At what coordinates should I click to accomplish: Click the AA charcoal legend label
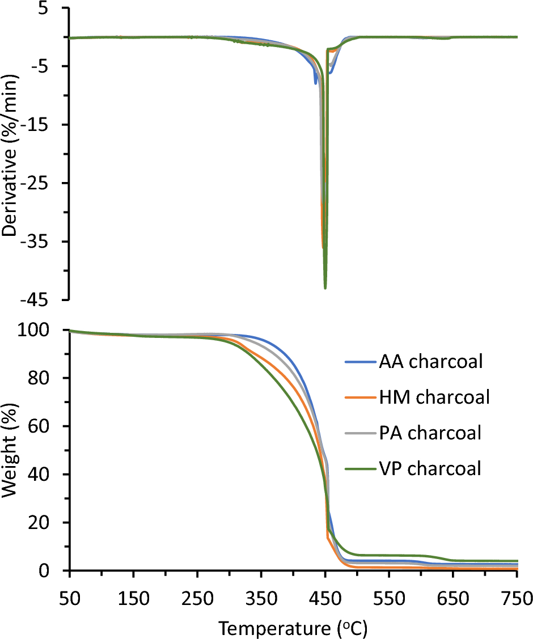point(431,362)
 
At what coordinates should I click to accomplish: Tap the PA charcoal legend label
point(430,433)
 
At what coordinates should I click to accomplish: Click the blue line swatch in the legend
point(359,362)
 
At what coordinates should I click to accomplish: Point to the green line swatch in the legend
point(359,469)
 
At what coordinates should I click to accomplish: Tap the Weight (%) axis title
point(11,450)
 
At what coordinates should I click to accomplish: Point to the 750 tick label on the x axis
point(517,598)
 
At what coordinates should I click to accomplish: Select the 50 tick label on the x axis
point(69,598)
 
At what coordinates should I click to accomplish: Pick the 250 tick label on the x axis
point(197,598)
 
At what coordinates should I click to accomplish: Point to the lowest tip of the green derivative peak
point(325,288)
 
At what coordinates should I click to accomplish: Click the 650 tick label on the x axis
point(452,598)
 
